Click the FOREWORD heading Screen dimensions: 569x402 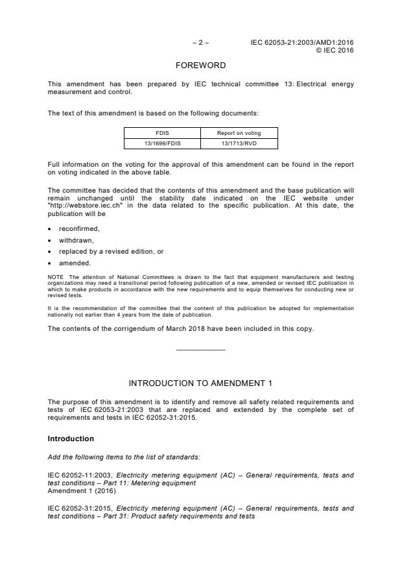click(x=200, y=66)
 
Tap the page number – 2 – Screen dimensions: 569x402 click(x=200, y=43)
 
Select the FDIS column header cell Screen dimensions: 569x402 click(x=161, y=133)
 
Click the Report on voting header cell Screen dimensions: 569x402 click(x=238, y=133)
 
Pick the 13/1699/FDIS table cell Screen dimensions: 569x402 click(x=161, y=143)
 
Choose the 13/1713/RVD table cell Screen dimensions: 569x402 click(x=238, y=143)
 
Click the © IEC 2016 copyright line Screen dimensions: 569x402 click(x=334, y=50)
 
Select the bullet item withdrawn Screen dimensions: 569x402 click(x=77, y=240)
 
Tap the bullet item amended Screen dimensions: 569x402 click(x=75, y=263)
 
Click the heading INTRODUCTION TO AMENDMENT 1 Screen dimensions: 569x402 click(x=200, y=383)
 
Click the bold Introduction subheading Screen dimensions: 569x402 click(x=71, y=439)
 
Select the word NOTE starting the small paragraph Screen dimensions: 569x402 click(x=55, y=277)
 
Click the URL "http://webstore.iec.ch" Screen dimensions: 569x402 click(x=85, y=205)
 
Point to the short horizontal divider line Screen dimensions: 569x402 click(x=200, y=350)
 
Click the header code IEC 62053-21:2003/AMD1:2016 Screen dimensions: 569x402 click(x=302, y=43)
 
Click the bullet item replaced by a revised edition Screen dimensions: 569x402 click(x=111, y=252)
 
